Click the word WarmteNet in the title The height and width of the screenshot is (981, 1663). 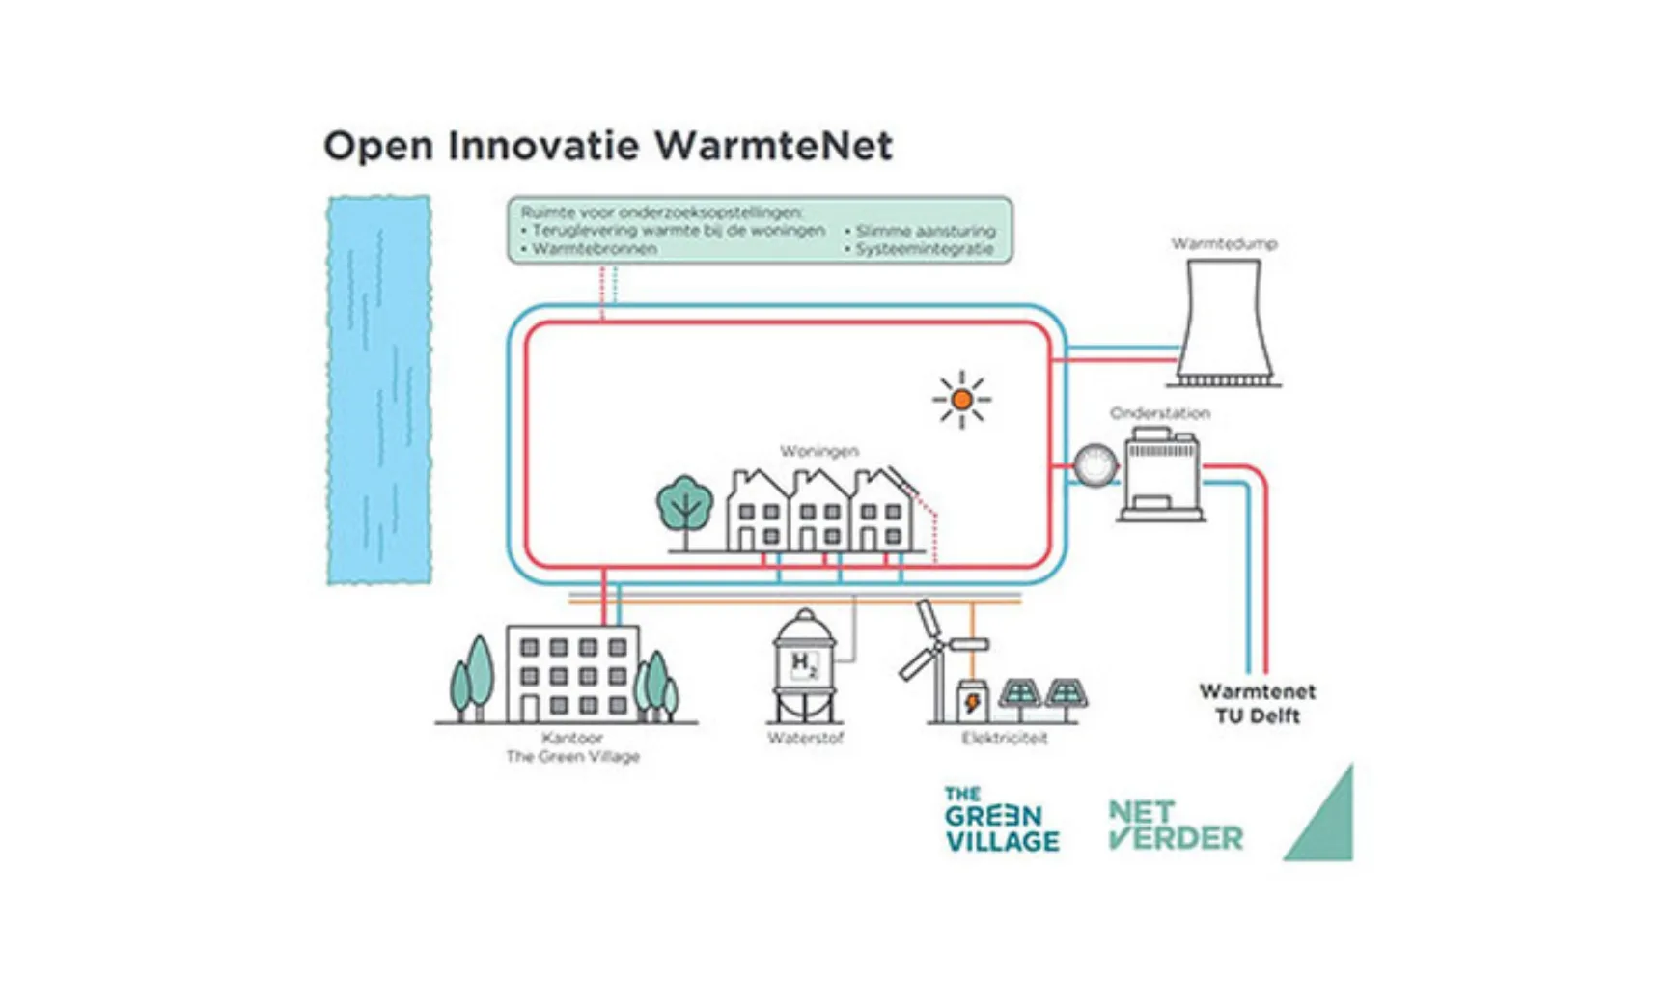[773, 146]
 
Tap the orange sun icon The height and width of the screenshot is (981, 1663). [961, 398]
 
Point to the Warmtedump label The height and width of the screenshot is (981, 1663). [1224, 243]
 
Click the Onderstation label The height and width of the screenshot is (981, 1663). [1159, 413]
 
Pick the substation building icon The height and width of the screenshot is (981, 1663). [1162, 477]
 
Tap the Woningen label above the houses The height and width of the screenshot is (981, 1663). [818, 451]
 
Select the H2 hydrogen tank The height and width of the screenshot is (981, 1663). [804, 666]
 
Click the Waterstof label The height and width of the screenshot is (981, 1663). [805, 739]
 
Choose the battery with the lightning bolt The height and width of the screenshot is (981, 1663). [971, 700]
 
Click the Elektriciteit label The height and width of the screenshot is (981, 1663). [1004, 739]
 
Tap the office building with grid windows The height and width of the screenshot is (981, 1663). [572, 674]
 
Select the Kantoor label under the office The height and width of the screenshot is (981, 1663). [572, 738]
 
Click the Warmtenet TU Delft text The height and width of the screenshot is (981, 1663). [1257, 704]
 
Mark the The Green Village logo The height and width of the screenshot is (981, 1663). [1001, 820]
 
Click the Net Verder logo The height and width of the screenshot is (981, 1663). [1175, 826]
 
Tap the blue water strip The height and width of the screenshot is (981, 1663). [379, 390]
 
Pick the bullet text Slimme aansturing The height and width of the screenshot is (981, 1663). [925, 231]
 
